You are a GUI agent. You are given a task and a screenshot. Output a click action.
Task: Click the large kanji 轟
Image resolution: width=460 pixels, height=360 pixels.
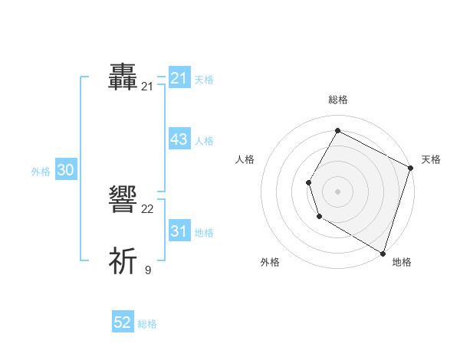123,77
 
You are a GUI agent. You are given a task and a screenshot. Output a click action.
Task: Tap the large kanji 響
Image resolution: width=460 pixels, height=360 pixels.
123,201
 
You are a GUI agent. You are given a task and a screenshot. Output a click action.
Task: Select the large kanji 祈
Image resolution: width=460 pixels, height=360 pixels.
123,261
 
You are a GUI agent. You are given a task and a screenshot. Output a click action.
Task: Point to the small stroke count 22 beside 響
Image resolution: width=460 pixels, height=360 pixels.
148,209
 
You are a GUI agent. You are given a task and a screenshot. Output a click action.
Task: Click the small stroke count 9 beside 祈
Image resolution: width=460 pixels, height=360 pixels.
148,270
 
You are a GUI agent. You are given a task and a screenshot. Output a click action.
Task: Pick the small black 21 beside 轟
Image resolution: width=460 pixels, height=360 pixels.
147,87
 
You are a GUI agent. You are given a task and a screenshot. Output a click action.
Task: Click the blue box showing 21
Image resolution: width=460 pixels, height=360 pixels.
179,78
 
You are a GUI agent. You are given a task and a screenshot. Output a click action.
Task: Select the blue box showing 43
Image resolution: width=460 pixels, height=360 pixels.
179,139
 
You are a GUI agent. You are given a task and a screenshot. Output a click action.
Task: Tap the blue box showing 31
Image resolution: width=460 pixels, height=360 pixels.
179,231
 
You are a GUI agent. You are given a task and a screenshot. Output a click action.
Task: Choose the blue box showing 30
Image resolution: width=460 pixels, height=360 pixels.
65,170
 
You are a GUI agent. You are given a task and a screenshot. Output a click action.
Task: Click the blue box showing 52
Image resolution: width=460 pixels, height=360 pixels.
123,322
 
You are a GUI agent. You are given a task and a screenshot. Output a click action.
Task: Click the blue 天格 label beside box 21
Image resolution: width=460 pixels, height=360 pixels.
204,79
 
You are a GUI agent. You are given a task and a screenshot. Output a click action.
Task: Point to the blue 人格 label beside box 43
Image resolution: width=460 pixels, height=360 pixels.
204,140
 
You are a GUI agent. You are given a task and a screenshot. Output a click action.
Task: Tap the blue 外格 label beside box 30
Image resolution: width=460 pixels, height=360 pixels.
41,172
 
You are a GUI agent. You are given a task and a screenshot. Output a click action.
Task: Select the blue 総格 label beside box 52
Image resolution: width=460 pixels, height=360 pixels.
147,324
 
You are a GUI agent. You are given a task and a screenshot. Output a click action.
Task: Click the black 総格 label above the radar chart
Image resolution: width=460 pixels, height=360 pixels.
338,100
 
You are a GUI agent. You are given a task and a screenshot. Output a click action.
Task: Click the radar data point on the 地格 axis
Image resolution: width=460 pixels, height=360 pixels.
383,252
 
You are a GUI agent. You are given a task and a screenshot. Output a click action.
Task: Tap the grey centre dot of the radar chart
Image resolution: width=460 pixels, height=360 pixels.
337,191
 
